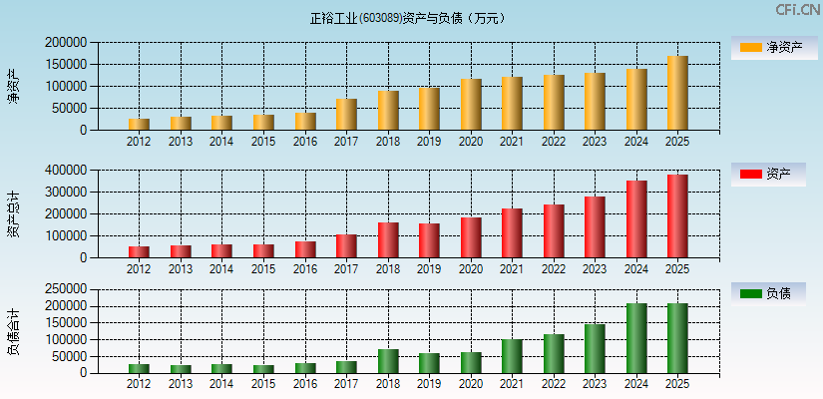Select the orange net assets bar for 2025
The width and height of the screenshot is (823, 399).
677,93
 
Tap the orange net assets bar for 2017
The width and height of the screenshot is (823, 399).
346,115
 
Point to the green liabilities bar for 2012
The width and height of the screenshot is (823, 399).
139,368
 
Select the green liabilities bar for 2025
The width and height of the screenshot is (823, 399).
677,338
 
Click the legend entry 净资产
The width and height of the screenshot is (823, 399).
767,48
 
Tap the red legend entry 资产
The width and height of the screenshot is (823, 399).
767,175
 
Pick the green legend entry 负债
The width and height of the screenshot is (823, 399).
767,294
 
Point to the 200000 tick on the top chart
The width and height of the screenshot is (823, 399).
66,43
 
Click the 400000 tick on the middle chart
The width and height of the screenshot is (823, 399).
66,171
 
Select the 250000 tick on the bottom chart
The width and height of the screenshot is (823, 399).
66,289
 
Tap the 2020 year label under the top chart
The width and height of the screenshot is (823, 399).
471,142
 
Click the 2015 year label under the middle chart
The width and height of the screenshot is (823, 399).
263,269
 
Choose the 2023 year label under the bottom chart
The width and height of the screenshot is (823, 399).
595,385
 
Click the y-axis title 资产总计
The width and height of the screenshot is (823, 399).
13,213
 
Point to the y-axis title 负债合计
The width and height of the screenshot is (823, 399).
13,332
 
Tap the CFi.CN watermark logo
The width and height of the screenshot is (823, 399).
797,10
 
